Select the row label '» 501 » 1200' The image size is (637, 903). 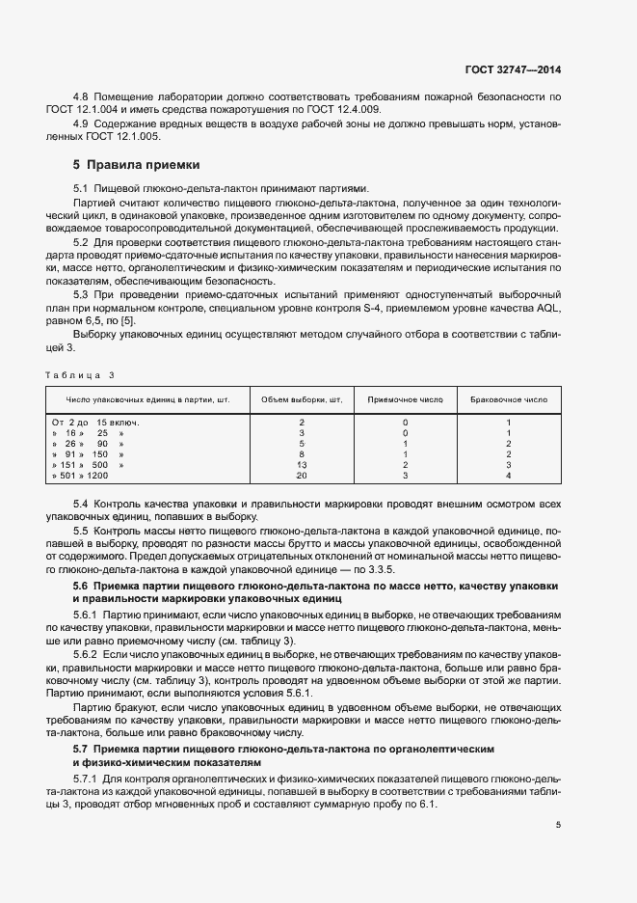coord(81,476)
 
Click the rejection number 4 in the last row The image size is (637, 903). coord(508,476)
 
